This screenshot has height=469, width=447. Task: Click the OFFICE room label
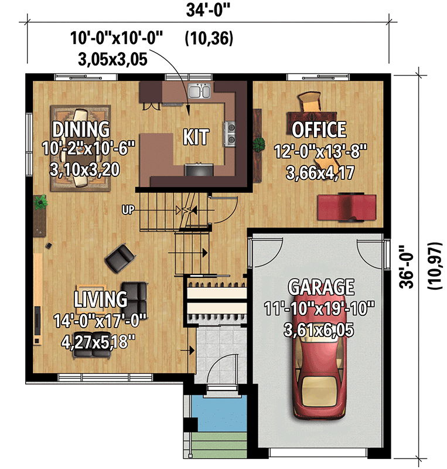[319, 129]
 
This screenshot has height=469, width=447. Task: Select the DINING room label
[81, 128]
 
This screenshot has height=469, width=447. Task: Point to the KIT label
[196, 137]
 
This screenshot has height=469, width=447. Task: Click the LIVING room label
[100, 299]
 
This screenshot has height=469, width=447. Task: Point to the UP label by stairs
[129, 209]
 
